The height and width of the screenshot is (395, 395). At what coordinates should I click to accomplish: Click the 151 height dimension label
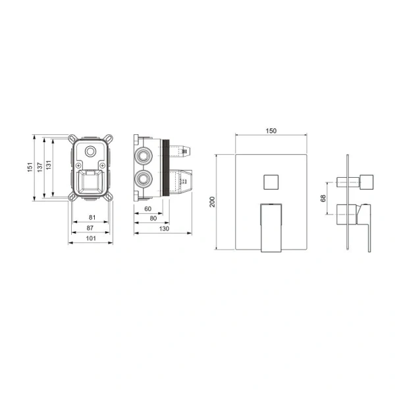pyautogui.click(x=30, y=167)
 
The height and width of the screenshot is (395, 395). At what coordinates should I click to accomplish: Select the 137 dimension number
pyautogui.click(x=39, y=167)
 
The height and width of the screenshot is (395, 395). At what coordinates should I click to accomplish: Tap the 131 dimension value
pyautogui.click(x=49, y=165)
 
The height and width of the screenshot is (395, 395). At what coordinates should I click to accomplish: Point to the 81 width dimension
pyautogui.click(x=92, y=217)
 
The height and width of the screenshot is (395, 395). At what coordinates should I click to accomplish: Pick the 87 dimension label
pyautogui.click(x=90, y=228)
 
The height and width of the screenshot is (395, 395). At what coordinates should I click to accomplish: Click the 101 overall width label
pyautogui.click(x=91, y=238)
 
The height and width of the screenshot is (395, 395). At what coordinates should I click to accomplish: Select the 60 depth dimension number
pyautogui.click(x=148, y=209)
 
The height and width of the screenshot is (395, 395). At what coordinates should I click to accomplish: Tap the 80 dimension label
pyautogui.click(x=153, y=218)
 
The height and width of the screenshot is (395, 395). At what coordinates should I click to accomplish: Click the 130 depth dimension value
pyautogui.click(x=164, y=228)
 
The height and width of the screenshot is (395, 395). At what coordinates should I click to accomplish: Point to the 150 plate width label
pyautogui.click(x=271, y=131)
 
